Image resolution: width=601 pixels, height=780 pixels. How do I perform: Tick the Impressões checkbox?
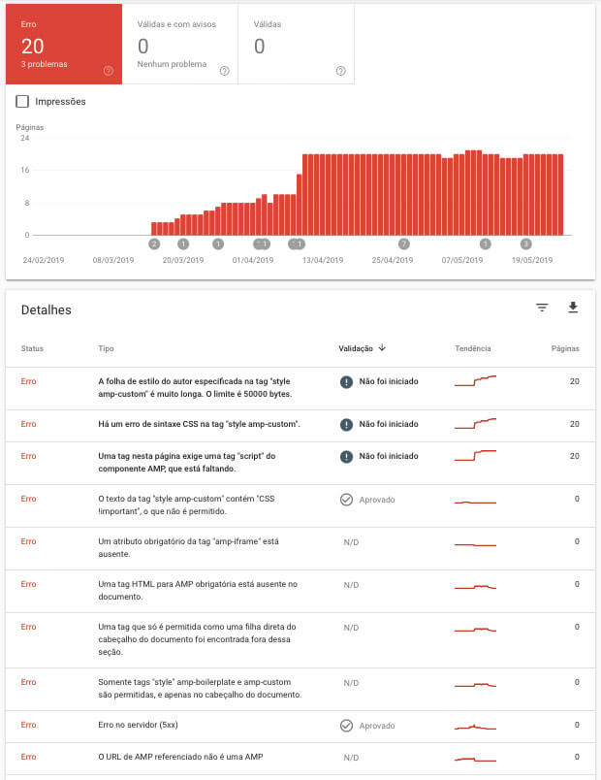23,101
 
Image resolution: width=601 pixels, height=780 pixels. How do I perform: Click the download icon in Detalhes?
573,308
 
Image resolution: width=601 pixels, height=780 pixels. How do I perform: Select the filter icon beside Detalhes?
542,308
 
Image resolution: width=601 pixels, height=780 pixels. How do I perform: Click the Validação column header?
363,348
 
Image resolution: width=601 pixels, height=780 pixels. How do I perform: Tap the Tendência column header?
472,348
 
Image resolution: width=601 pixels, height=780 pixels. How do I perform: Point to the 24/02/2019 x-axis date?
43,260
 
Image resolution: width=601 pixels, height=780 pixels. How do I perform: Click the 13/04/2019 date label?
323,260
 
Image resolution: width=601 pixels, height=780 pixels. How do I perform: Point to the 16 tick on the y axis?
25,170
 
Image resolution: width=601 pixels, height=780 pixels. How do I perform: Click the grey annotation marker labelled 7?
404,244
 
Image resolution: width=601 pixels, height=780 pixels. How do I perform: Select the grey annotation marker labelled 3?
526,244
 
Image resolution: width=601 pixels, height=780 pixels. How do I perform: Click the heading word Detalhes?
47,309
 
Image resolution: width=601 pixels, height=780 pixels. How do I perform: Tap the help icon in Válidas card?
340,70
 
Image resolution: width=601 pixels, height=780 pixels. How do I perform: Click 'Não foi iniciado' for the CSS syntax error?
388,424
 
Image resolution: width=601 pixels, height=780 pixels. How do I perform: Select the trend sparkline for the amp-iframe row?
475,546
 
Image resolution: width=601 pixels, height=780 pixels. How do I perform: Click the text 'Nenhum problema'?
173,64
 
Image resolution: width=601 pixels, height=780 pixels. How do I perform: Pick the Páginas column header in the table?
564,348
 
